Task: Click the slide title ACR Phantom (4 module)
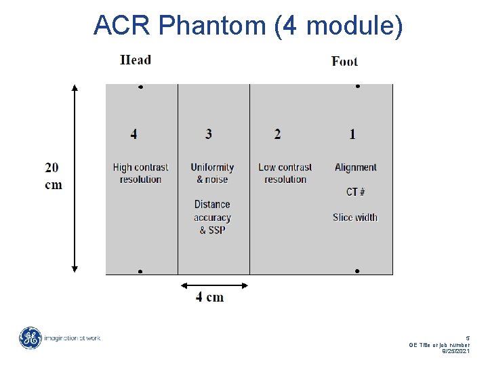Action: [248, 26]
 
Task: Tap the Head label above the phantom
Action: [136, 60]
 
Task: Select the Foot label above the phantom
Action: [344, 61]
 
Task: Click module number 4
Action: [134, 134]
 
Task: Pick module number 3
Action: [209, 134]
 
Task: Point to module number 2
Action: [277, 134]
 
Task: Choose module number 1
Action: [352, 134]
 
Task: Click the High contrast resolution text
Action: [140, 174]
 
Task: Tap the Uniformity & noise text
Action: [212, 174]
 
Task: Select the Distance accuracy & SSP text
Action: [212, 217]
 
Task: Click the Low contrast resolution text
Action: [285, 174]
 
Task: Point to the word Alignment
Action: [355, 167]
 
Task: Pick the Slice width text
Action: [355, 218]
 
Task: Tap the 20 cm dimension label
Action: [54, 176]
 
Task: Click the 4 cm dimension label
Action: [210, 297]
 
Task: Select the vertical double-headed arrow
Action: [75, 178]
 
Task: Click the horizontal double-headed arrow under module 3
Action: [213, 285]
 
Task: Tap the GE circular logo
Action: [30, 338]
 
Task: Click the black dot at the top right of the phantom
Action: [357, 87]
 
